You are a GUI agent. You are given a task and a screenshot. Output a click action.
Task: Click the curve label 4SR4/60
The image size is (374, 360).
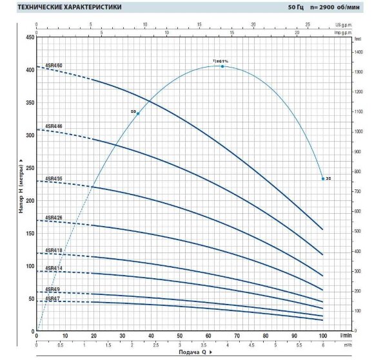coord(54,66)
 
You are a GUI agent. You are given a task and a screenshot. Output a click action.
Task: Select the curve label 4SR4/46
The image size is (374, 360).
coord(54,126)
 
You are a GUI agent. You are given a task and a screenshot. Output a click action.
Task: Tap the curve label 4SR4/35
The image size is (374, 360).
coord(54,178)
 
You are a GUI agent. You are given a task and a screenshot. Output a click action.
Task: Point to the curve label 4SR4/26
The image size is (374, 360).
coord(54,217)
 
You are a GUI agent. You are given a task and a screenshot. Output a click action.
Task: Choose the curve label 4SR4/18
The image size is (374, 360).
coord(54,250)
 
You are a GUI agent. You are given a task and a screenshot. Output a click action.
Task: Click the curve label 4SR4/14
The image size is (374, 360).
coord(54,268)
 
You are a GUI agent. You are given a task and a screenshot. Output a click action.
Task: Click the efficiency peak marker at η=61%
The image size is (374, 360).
coord(222,66)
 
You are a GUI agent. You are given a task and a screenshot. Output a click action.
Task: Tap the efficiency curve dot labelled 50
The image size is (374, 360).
coord(138,113)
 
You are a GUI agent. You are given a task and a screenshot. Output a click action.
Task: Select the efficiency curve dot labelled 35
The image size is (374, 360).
coord(322,178)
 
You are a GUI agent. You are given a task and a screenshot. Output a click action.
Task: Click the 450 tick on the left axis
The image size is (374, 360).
coord(29,37)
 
